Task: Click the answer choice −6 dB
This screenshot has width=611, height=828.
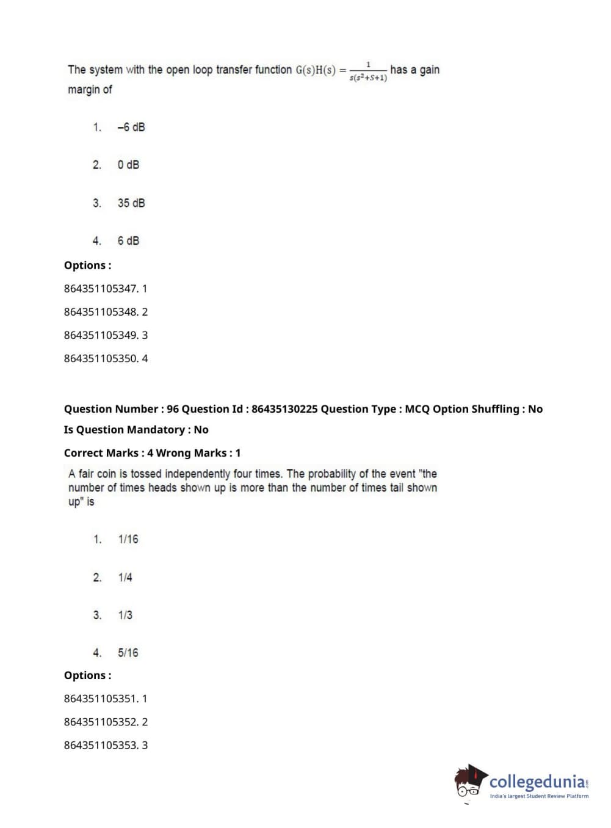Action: [131, 127]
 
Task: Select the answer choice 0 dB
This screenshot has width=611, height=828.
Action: [128, 165]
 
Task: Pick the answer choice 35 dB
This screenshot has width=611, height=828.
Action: [131, 203]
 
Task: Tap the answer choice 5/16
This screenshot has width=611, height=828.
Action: [128, 653]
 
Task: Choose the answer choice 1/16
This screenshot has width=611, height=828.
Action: [128, 539]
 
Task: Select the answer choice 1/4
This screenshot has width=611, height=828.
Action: [125, 577]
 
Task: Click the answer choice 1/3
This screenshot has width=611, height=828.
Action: [125, 615]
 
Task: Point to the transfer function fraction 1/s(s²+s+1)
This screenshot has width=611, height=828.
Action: [368, 71]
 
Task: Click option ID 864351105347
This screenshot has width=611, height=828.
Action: [100, 288]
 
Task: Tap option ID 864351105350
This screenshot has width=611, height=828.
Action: [100, 358]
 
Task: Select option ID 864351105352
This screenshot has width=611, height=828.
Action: [100, 722]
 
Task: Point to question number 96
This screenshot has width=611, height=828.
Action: [173, 409]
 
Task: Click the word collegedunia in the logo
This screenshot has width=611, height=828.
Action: [537, 782]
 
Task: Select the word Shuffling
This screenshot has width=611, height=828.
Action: [495, 409]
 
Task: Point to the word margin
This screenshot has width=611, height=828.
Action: [84, 90]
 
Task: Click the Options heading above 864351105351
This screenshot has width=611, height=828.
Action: [87, 675]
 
